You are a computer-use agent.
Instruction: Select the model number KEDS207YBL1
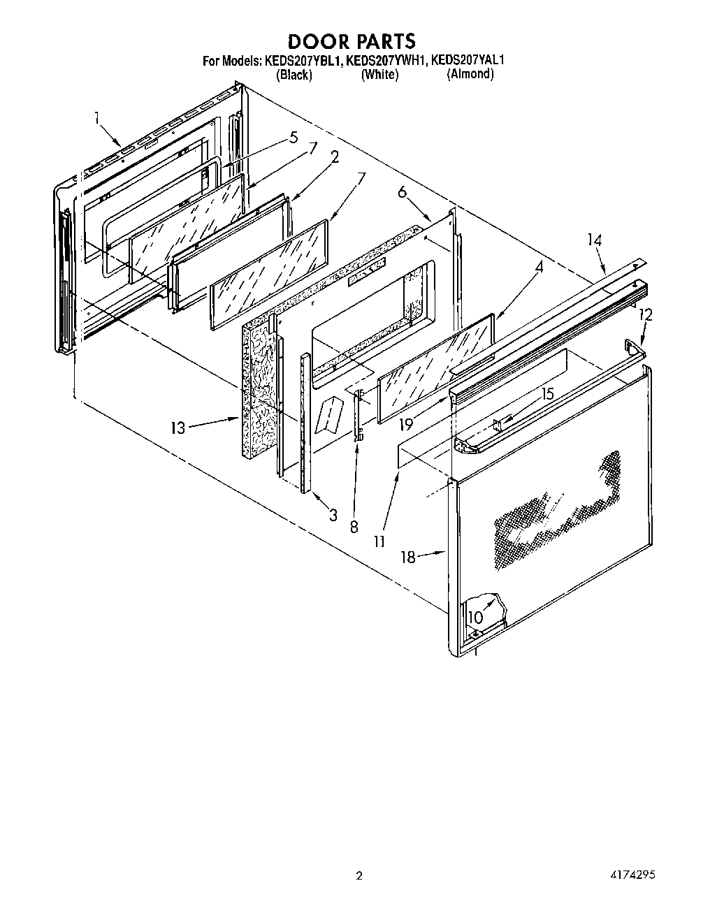point(303,61)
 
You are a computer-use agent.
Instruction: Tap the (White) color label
point(379,75)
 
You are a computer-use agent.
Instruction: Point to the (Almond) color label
point(470,74)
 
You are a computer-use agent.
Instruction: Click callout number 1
point(97,119)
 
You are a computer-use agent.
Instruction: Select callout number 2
point(335,156)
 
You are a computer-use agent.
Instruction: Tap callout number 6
point(403,192)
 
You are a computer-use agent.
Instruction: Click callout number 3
point(333,516)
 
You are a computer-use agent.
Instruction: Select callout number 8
point(354,527)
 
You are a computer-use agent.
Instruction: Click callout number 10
point(475,618)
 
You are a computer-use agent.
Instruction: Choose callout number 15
point(547,394)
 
